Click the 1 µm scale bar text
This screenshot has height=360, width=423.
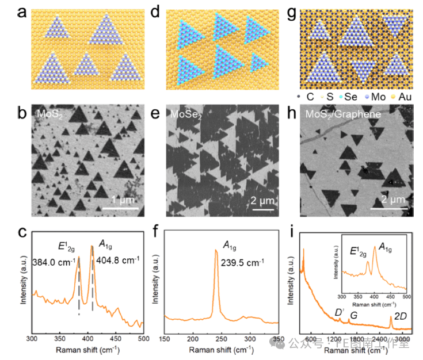(123, 200)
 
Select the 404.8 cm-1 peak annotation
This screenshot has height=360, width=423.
(119, 260)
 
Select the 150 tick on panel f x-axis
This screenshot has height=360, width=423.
(165, 339)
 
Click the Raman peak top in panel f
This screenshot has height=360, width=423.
(216, 249)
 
